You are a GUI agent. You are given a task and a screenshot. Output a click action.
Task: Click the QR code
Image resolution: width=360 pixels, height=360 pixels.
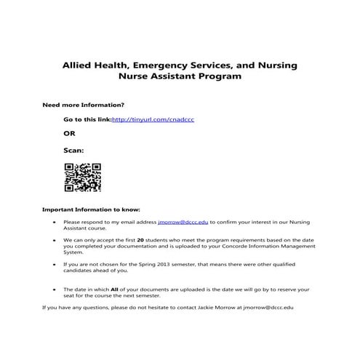(82, 177)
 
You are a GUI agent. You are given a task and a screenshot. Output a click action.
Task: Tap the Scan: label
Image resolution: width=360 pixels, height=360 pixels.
(73, 151)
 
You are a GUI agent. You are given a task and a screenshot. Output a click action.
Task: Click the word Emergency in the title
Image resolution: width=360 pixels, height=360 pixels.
(178, 65)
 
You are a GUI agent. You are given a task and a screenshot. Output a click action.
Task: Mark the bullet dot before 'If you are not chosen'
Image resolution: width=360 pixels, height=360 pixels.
(55, 265)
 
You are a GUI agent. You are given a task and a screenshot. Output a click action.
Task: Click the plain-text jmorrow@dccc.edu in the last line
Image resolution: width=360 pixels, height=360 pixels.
(268, 308)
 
